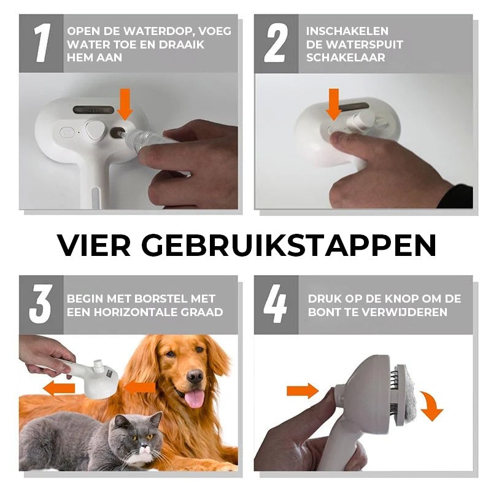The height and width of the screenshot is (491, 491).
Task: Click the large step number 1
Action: (x=42, y=42)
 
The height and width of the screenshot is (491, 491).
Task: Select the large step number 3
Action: (x=40, y=304)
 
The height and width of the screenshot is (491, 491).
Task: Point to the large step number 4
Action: (x=275, y=304)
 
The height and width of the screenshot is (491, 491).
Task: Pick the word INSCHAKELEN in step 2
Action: (x=347, y=31)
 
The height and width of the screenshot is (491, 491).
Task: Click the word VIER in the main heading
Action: (x=94, y=245)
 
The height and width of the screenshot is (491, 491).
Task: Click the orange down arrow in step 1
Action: (x=125, y=104)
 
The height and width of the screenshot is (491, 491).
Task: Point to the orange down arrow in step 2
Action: (x=334, y=104)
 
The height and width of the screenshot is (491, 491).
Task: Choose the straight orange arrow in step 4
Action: (x=303, y=391)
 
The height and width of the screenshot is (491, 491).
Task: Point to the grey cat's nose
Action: (x=143, y=444)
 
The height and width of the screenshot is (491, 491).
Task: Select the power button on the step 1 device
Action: (x=68, y=133)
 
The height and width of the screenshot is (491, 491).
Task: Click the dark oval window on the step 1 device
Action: (x=94, y=110)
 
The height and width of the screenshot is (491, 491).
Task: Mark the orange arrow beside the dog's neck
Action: (x=140, y=388)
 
